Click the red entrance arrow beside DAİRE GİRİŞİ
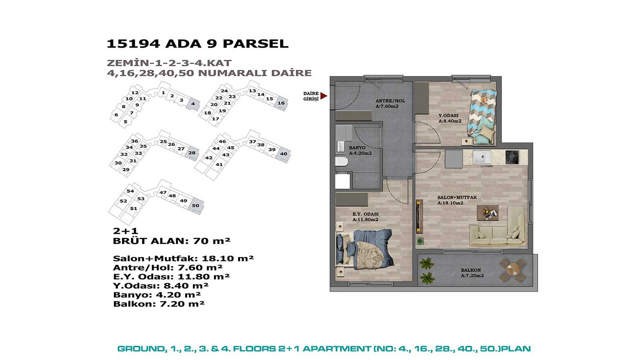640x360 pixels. click(324, 96)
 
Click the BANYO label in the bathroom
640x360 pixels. click(357, 148)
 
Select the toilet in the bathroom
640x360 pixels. click(341, 162)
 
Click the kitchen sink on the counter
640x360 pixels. click(482, 157)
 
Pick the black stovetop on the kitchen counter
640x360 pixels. click(512, 157)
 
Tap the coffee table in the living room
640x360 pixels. click(487, 213)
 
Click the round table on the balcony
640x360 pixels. click(513, 270)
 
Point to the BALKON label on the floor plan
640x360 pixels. click(470, 270)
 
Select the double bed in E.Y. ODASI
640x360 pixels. click(364, 249)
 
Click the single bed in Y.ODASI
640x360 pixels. click(482, 116)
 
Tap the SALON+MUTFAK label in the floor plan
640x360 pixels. click(457, 197)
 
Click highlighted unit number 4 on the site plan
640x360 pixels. click(193, 104)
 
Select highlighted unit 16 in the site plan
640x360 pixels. click(281, 103)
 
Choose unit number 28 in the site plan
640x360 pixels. click(192, 153)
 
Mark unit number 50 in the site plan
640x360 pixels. click(196, 206)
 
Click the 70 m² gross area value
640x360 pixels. click(212, 241)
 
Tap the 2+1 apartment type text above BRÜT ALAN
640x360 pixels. click(125, 231)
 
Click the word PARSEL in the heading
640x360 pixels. click(256, 44)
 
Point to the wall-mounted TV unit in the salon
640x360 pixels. click(419, 216)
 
